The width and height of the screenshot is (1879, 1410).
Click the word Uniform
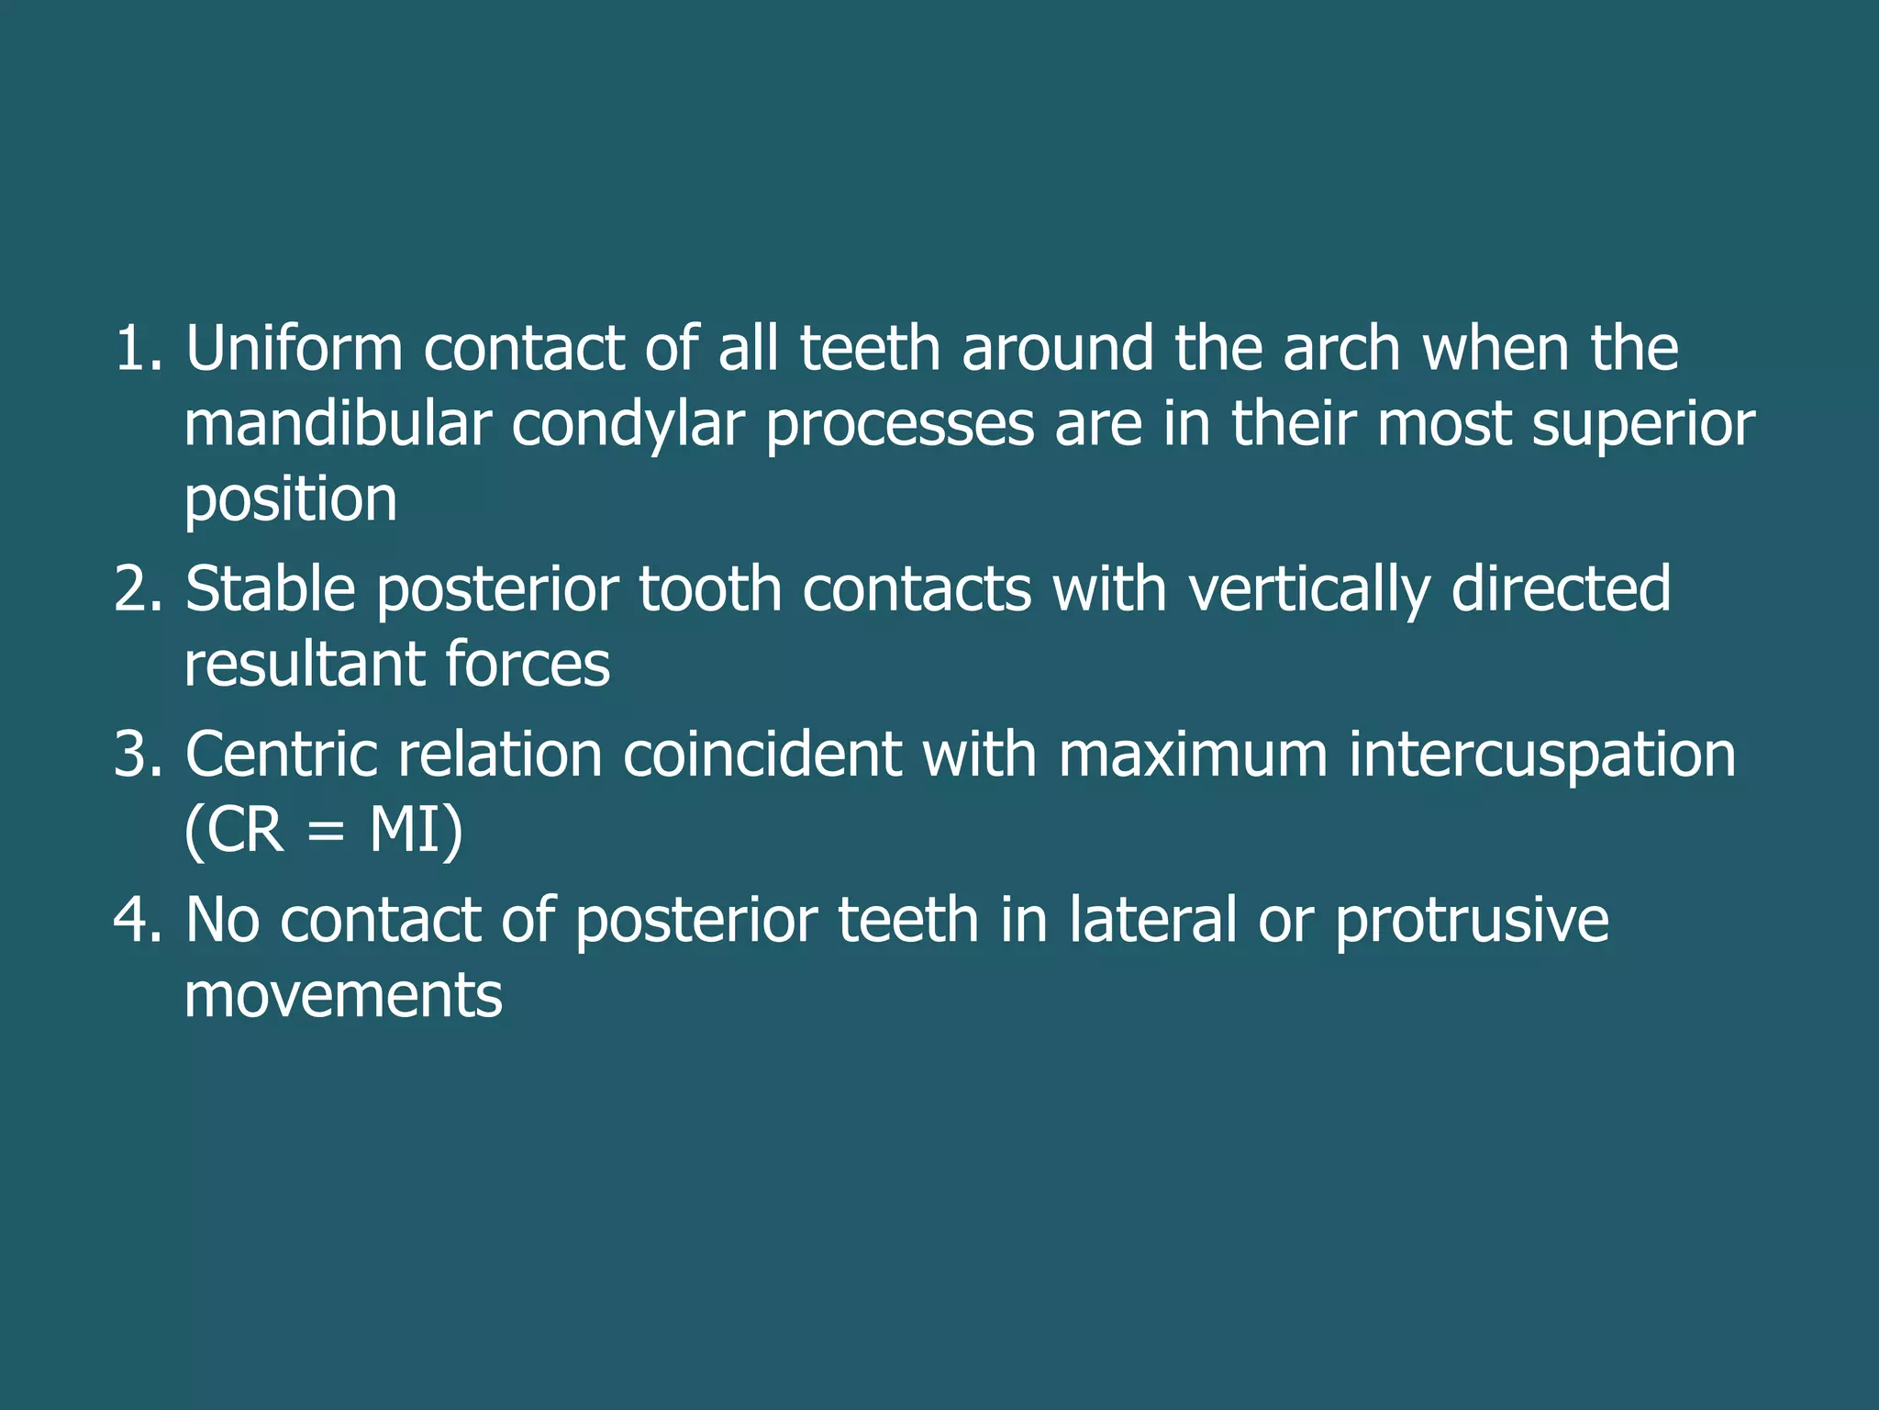294,349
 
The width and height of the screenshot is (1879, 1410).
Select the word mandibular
337,424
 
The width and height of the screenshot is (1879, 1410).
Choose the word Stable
271,589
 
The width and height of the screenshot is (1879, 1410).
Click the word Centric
281,755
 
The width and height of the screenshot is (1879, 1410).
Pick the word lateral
1152,920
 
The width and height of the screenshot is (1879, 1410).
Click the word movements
343,997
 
